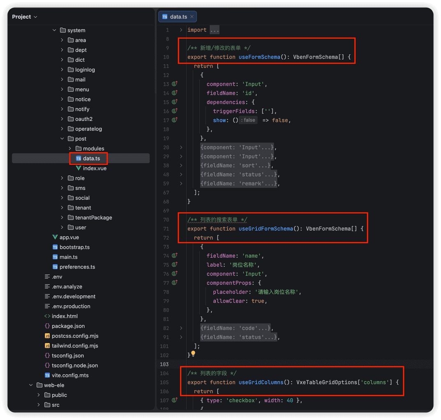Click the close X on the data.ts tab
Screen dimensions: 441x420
[192, 16]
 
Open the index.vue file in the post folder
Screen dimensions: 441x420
[95, 168]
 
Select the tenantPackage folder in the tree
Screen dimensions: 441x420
[93, 217]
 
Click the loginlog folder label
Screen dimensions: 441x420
[85, 70]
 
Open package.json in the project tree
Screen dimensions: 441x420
[68, 326]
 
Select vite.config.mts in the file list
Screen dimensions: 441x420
[70, 375]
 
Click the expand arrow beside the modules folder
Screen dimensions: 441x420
[70, 148]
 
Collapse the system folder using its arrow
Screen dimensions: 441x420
[54, 30]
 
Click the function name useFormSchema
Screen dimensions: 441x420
[259, 57]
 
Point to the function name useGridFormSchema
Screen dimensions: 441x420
[266, 229]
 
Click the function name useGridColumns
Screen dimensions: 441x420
[261, 382]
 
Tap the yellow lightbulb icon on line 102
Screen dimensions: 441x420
[193, 353]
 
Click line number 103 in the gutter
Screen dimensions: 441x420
[164, 364]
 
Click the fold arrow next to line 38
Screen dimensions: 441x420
[181, 166]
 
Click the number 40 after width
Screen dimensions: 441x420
[290, 400]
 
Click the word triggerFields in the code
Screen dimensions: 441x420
[234, 111]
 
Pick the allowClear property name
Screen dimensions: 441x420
[229, 301]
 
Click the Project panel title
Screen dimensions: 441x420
[21, 16]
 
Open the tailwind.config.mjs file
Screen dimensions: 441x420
[75, 346]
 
